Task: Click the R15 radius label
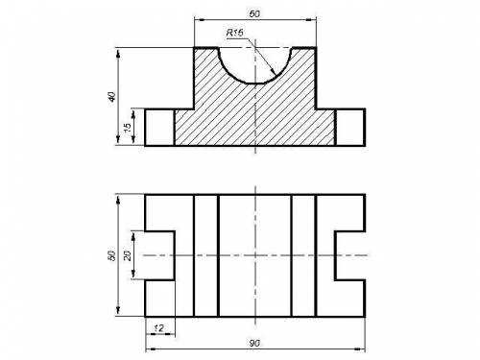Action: (x=235, y=33)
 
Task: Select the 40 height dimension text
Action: (x=111, y=97)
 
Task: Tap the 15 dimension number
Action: (x=128, y=128)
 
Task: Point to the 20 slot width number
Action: (x=128, y=255)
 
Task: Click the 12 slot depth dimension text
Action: (x=158, y=328)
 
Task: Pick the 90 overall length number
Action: (x=254, y=344)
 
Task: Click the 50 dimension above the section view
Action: (x=254, y=13)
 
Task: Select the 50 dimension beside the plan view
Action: (x=111, y=255)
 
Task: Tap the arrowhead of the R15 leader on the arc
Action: (x=273, y=72)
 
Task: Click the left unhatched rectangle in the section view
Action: (x=159, y=128)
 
